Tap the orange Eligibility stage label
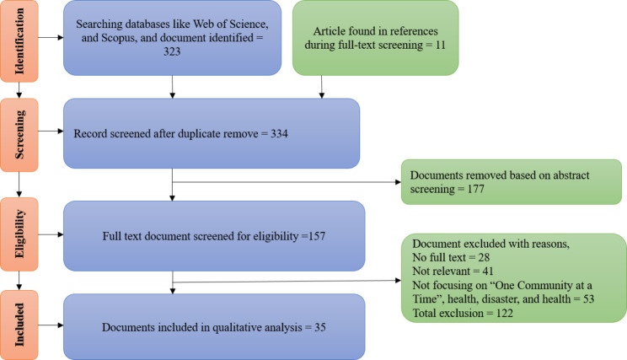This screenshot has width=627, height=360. point(16,228)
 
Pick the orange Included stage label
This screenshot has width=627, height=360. point(16,322)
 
